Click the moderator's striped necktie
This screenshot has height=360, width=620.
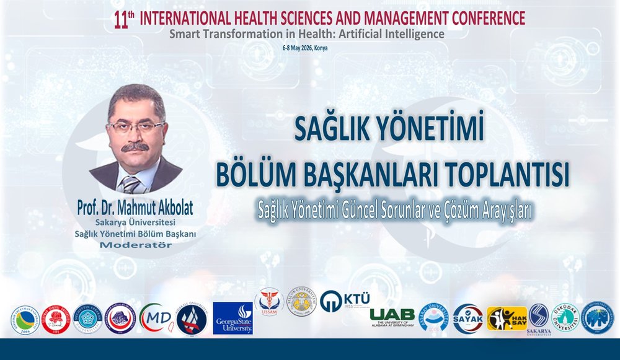(131, 183)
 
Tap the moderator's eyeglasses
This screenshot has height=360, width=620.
(135, 126)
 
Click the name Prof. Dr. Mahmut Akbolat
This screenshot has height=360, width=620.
(135, 206)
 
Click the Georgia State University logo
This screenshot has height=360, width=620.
(233, 318)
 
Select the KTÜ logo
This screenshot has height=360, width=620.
(345, 301)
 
